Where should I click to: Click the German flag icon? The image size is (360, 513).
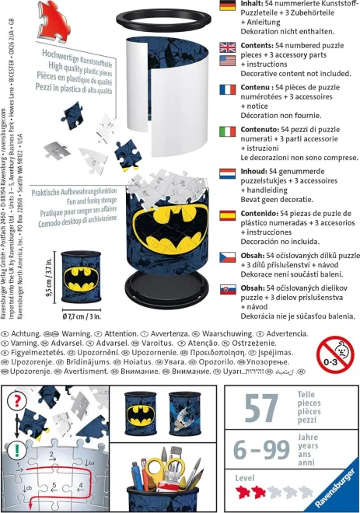[227, 7]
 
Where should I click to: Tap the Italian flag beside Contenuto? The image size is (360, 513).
[227, 131]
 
